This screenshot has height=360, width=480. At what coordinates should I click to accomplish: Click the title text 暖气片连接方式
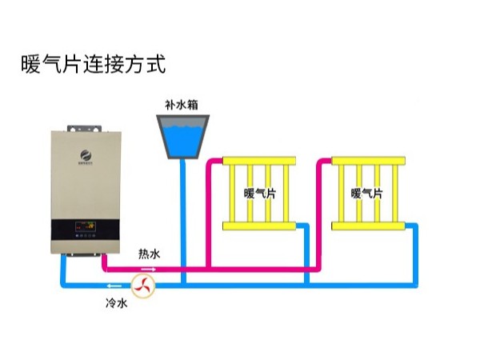point(93,64)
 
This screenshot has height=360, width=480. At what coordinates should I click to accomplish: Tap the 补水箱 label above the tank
point(181,104)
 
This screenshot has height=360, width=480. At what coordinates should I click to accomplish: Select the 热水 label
point(149,254)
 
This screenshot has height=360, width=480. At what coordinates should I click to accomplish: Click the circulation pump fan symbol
point(143,284)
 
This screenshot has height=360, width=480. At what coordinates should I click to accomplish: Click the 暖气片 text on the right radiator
point(366,194)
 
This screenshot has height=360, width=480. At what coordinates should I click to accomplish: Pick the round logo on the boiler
point(84,154)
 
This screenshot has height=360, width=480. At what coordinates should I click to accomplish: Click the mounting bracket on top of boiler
point(84,126)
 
